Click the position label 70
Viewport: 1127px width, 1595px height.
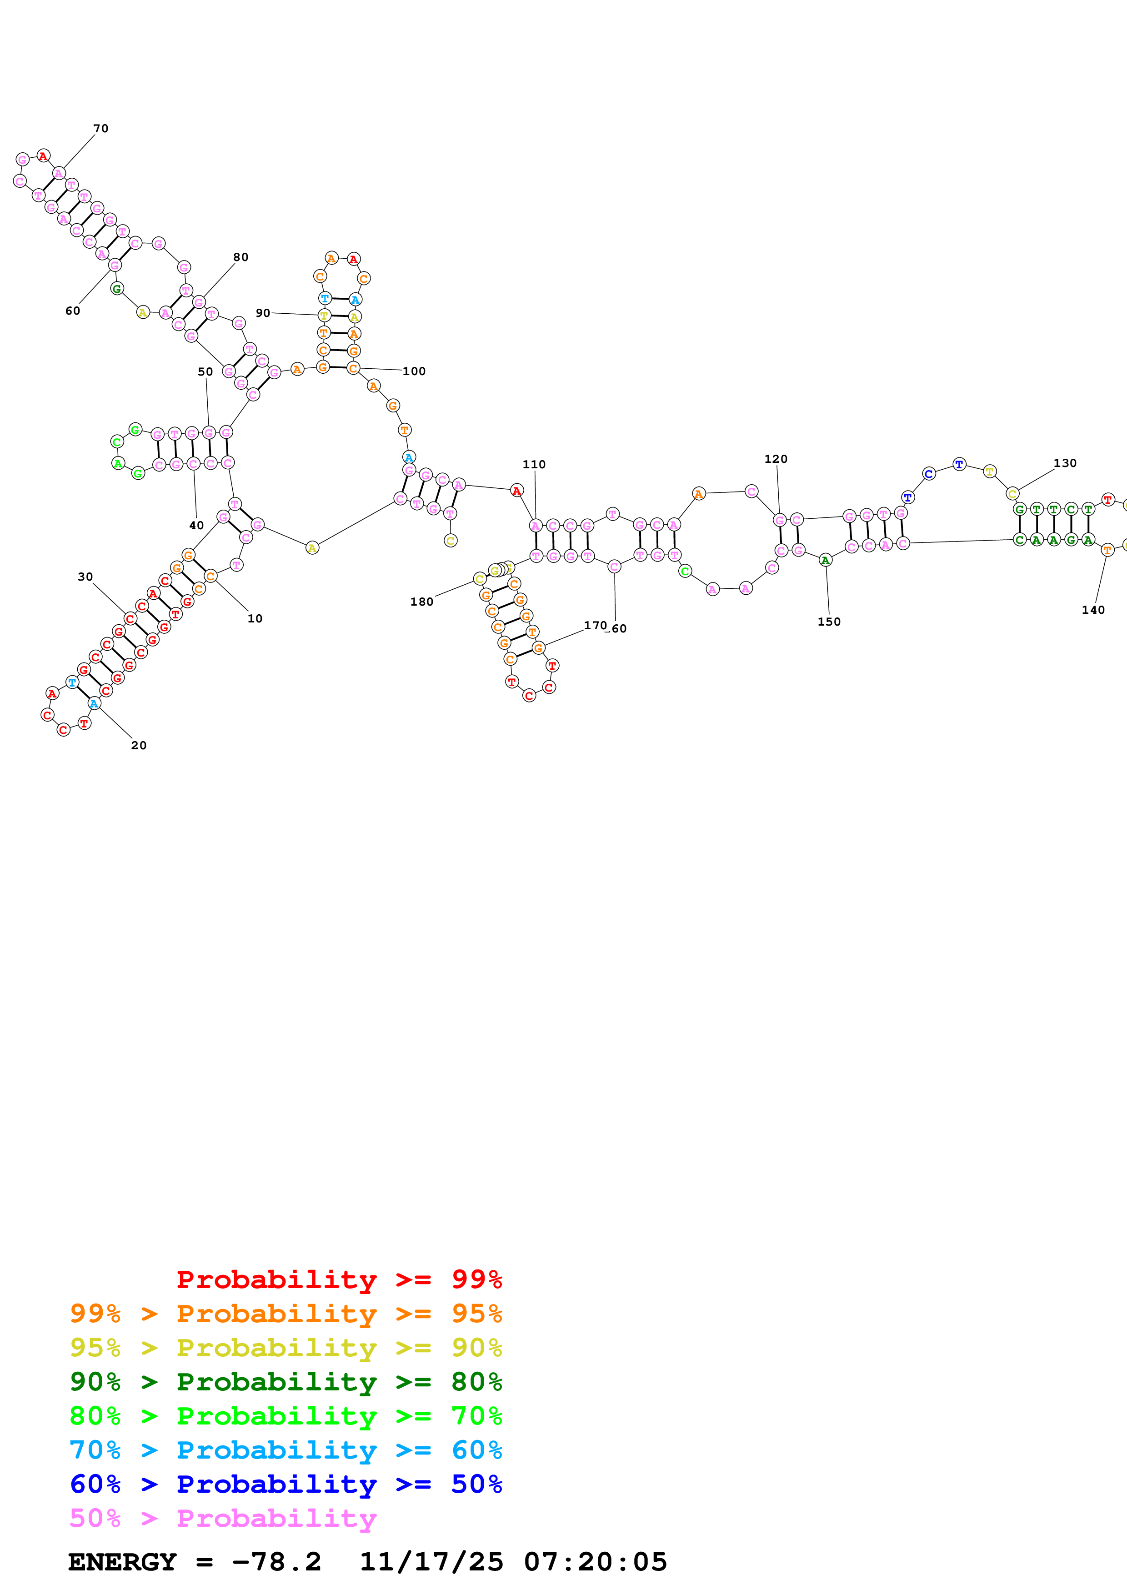tap(100, 129)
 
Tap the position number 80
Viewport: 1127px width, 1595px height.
tap(240, 257)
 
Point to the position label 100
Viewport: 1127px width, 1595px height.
tap(414, 371)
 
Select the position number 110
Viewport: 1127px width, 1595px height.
tap(534, 464)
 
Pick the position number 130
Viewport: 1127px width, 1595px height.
tap(1065, 463)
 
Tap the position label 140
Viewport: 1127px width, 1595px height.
tap(1092, 609)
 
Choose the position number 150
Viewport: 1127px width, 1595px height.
tap(828, 621)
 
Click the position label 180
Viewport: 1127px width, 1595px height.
tap(421, 602)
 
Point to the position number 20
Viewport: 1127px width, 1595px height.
tap(139, 745)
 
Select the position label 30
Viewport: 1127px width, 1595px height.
tap(85, 577)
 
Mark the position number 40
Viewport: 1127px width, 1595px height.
tap(196, 525)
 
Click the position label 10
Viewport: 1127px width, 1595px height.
tap(255, 618)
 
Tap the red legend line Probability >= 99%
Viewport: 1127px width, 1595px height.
tap(339, 1279)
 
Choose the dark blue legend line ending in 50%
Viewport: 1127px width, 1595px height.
tap(286, 1484)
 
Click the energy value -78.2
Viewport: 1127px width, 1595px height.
tap(276, 1562)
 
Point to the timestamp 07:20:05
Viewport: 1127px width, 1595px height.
tap(595, 1562)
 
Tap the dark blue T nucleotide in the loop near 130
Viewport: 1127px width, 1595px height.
tap(959, 464)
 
